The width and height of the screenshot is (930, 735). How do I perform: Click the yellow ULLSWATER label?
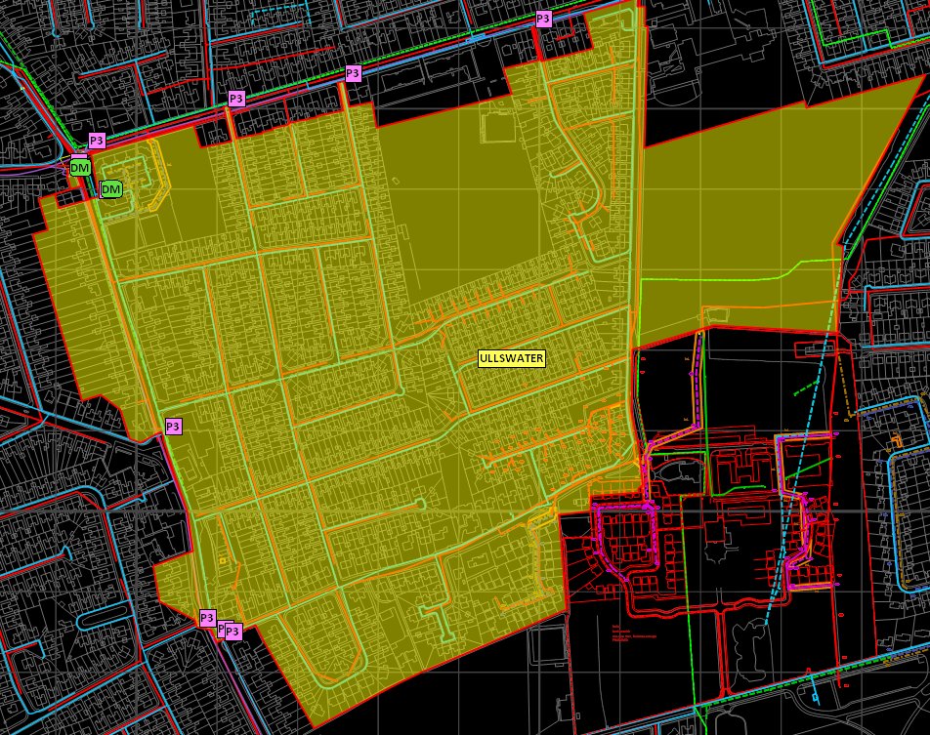click(511, 358)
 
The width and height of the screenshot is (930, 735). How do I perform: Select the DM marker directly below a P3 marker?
click(80, 168)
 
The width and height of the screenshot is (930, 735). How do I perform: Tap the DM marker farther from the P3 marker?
click(112, 188)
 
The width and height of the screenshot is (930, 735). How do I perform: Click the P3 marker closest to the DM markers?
click(96, 141)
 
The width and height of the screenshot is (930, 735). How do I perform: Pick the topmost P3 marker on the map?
click(543, 19)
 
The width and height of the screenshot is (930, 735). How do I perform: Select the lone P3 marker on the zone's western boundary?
click(173, 426)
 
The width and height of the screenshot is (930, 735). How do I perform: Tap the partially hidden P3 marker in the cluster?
click(223, 629)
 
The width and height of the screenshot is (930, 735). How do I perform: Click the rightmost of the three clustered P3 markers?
click(233, 632)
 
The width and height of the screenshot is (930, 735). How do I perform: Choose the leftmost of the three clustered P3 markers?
click(206, 617)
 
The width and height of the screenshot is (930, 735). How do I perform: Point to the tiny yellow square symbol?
click(223, 560)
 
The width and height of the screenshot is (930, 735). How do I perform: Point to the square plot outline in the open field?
click(498, 127)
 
